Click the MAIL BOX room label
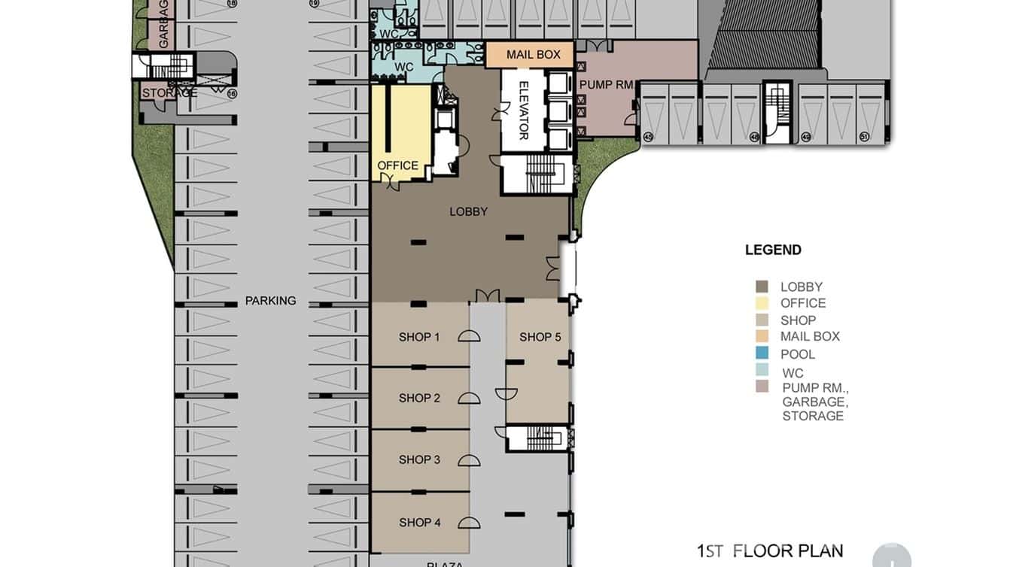533,55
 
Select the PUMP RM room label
607,85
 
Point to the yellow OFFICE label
397,165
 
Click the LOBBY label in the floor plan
468,212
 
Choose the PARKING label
270,301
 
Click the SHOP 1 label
419,337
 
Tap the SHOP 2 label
419,398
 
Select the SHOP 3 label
419,459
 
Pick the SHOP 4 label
419,522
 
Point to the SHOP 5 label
540,337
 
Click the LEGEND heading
773,250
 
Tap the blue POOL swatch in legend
762,353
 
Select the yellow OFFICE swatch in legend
762,303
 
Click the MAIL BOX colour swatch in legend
762,336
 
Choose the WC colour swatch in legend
762,370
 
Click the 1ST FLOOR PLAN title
769,550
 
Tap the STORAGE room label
169,92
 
